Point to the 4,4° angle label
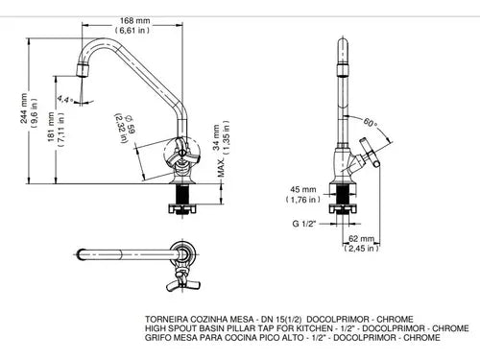tap(64, 99)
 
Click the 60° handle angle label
tap(370, 122)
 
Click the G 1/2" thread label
tap(303, 224)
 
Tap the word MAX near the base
tap(221, 168)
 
